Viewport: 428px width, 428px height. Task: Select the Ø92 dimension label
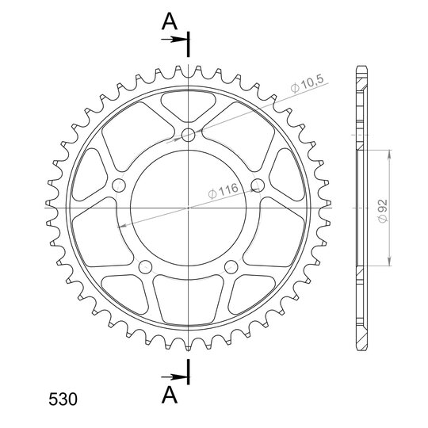(x=383, y=211)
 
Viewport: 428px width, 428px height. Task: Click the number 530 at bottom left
(x=63, y=399)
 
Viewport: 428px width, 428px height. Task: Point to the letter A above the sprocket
(x=170, y=22)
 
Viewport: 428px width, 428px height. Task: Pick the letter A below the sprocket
(x=170, y=395)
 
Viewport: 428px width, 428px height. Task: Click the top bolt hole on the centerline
(x=189, y=135)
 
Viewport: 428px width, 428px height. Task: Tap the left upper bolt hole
(x=119, y=185)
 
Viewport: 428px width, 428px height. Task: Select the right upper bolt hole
(x=258, y=185)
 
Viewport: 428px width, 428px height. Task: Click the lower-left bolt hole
(x=145, y=266)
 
